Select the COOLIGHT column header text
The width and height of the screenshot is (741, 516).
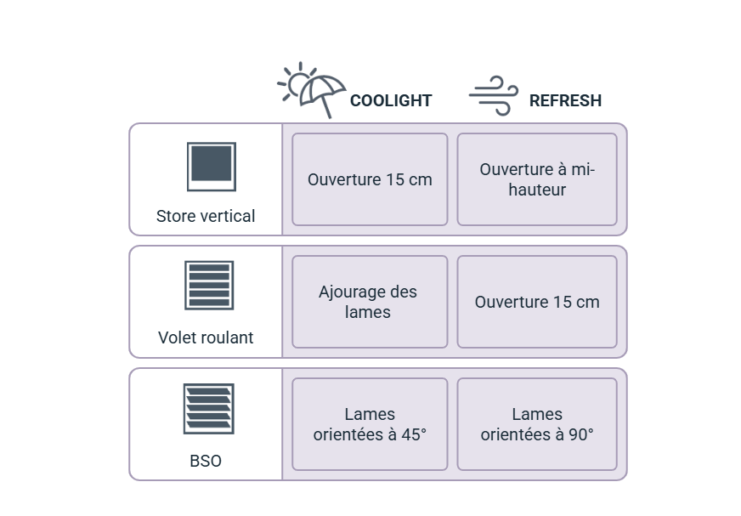click(x=391, y=100)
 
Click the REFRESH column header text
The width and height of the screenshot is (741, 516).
click(x=566, y=100)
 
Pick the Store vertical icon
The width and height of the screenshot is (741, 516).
click(x=209, y=166)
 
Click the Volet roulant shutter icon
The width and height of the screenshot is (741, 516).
click(x=207, y=283)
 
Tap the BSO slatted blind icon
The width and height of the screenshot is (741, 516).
click(x=207, y=408)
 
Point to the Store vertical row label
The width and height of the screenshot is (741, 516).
click(x=206, y=216)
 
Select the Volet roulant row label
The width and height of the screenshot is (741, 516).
click(x=206, y=337)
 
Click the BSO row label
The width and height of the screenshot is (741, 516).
click(x=206, y=461)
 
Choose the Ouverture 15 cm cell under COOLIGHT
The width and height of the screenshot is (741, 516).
click(x=370, y=179)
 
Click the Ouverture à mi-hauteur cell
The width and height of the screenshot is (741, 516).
click(x=537, y=179)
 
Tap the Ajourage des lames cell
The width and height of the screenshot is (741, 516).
click(x=370, y=302)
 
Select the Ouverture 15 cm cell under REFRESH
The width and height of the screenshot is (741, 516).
click(x=537, y=302)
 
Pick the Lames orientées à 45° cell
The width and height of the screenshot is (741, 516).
click(x=370, y=424)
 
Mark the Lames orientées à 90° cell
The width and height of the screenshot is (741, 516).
click(x=537, y=424)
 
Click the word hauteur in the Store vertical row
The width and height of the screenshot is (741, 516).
click(x=537, y=190)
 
